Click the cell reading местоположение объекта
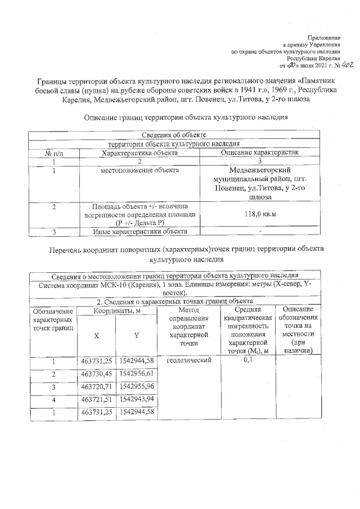click(x=139, y=170)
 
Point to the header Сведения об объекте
click(x=173, y=136)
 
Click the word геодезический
click(x=188, y=361)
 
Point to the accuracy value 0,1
click(x=247, y=361)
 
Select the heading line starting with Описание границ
click(x=186, y=118)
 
